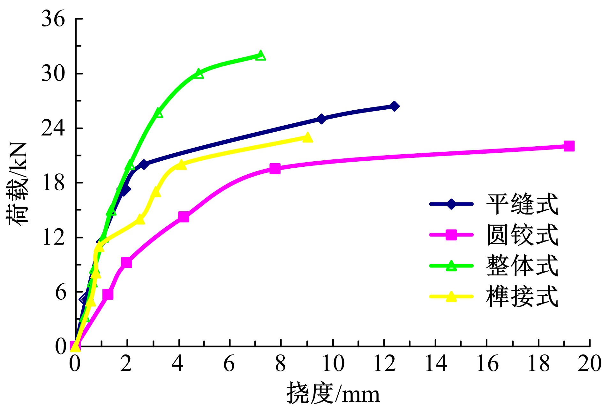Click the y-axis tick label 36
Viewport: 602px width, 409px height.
(53, 19)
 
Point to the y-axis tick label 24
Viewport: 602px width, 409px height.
(53, 128)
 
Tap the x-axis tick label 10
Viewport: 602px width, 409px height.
(333, 364)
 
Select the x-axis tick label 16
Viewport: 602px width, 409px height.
(487, 364)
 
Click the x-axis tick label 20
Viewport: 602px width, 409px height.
(589, 364)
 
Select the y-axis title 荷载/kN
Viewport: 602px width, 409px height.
(18, 184)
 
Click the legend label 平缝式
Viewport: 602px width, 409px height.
(522, 204)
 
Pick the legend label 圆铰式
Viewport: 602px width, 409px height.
(522, 235)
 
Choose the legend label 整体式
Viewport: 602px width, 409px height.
(522, 266)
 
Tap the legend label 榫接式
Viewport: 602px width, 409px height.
(522, 296)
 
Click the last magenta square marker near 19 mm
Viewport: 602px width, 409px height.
(569, 146)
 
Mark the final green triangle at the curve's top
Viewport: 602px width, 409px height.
(260, 56)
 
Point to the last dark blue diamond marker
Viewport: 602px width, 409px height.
(394, 106)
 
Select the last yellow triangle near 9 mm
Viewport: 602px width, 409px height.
(307, 138)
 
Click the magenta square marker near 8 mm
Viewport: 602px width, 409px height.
(275, 169)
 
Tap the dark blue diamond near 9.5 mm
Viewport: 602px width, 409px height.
(321, 119)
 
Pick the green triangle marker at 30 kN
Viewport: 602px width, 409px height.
(199, 74)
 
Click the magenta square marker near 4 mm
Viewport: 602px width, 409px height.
(184, 217)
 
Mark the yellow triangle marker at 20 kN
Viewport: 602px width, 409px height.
(181, 165)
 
